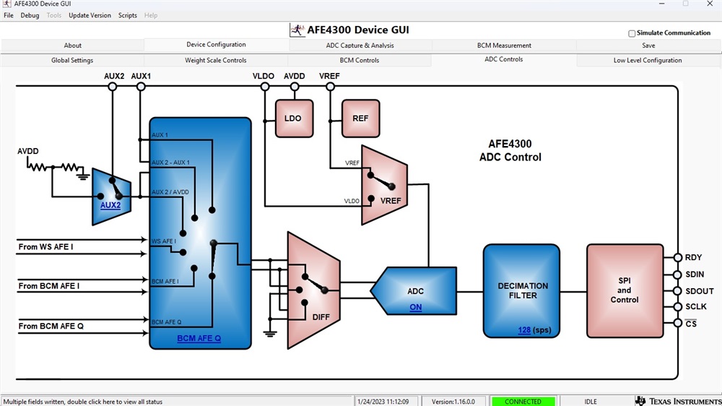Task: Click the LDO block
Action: [294, 118]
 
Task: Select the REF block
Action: [360, 118]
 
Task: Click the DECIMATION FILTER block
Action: [522, 290]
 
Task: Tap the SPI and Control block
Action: [625, 290]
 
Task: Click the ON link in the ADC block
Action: [416, 308]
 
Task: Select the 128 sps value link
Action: [524, 330]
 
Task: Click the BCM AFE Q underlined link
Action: [199, 338]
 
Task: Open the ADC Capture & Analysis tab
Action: [360, 46]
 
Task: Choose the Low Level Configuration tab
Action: [648, 61]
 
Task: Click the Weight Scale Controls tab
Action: [216, 61]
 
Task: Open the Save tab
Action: [648, 46]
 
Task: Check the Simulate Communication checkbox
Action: [632, 33]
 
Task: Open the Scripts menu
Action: [128, 15]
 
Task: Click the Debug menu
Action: [30, 15]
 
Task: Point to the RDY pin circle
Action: [678, 258]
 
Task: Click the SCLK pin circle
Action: [678, 307]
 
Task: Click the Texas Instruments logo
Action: [676, 401]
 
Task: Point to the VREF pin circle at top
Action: [330, 87]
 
